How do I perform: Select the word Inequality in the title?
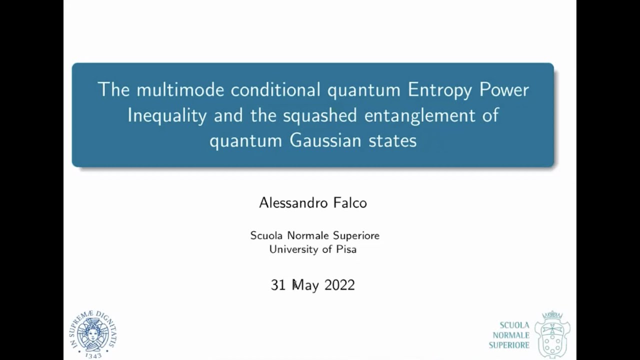click(x=167, y=115)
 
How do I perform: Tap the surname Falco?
click(x=349, y=202)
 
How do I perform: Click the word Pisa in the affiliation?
click(x=345, y=249)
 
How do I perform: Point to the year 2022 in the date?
click(x=339, y=285)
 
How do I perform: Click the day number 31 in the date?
click(x=277, y=285)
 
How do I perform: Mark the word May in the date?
click(x=305, y=285)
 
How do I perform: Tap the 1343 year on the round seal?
click(x=93, y=355)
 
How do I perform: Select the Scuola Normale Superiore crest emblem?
click(x=552, y=333)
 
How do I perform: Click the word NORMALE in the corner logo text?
click(x=511, y=335)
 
